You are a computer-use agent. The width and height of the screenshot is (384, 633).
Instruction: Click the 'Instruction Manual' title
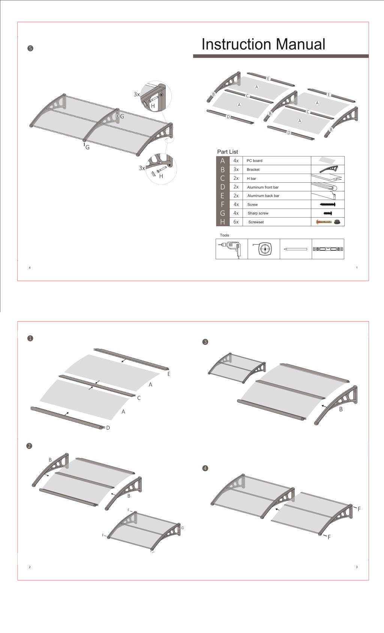tap(263, 44)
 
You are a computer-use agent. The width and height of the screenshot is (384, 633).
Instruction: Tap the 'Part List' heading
tap(227, 152)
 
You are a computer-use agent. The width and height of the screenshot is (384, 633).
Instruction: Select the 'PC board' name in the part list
tap(254, 161)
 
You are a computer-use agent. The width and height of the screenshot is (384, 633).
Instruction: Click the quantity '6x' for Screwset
tap(236, 222)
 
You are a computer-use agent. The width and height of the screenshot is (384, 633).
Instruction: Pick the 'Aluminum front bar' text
tap(262, 187)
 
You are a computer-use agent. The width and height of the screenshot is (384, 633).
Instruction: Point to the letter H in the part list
tap(222, 222)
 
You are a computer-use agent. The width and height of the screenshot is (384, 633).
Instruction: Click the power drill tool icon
tap(231, 249)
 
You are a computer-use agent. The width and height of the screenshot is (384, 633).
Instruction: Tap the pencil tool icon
tap(295, 249)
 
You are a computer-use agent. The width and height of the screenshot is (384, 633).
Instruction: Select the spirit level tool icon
tap(328, 249)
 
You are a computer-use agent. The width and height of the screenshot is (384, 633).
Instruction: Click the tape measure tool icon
tap(264, 249)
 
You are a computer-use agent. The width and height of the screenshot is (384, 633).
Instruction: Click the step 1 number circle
tap(30, 338)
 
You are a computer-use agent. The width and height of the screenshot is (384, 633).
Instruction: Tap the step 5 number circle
tap(30, 48)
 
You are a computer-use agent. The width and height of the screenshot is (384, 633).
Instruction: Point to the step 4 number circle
tap(205, 468)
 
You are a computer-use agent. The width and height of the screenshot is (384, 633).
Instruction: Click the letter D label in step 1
tap(108, 428)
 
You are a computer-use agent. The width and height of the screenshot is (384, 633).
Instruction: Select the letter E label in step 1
tap(169, 374)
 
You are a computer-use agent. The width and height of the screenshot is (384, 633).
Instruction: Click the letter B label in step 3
tap(341, 409)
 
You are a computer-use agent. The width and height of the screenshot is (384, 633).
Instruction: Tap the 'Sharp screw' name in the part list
tap(258, 213)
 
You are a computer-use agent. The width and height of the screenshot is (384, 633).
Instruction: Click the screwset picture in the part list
tap(328, 222)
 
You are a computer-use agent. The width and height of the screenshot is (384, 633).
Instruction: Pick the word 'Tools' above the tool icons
tap(224, 235)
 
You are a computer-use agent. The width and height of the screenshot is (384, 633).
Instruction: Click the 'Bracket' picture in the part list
tap(328, 169)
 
